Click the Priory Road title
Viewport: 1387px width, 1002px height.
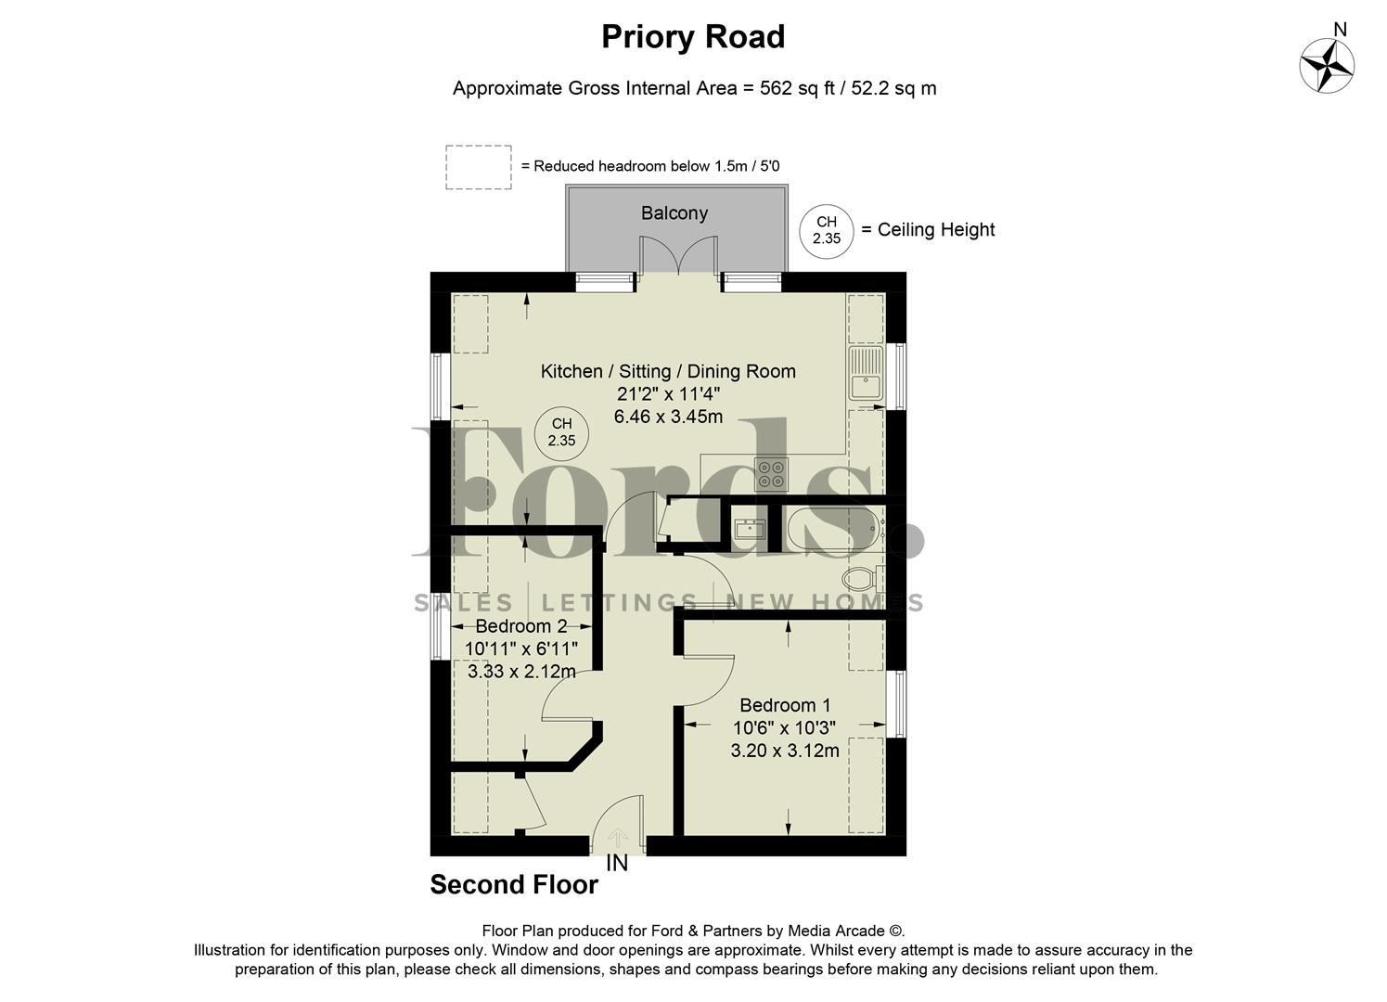(x=693, y=37)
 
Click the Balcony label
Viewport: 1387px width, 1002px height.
(x=674, y=212)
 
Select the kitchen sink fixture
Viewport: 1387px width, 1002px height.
(x=866, y=373)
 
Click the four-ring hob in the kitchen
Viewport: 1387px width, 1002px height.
(x=772, y=474)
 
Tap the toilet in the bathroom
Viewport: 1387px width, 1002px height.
(x=866, y=579)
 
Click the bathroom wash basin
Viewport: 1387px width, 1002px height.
(x=749, y=530)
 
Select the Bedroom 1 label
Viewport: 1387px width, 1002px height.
(x=785, y=705)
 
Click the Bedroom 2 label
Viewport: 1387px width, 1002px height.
(x=520, y=627)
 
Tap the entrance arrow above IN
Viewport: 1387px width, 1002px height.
(x=617, y=838)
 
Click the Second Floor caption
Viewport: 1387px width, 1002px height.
(x=514, y=885)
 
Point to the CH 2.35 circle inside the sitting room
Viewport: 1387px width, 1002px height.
(x=561, y=433)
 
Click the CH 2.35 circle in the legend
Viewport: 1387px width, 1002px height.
(x=826, y=230)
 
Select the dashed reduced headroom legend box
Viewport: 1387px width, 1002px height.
(x=478, y=167)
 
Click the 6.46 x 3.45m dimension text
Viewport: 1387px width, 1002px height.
(x=668, y=417)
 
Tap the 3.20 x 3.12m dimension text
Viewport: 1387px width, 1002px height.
(x=785, y=751)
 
